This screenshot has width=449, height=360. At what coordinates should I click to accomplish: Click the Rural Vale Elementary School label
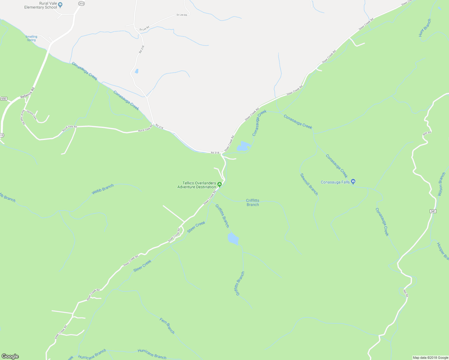point(41,5)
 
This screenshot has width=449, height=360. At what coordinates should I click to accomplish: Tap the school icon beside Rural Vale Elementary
point(60,5)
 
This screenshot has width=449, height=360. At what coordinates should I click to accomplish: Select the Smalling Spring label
point(31,38)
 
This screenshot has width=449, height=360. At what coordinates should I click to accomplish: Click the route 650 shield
point(4,99)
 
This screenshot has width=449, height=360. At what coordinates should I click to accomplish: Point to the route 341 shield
point(433,211)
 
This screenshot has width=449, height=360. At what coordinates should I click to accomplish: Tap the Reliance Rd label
point(28,93)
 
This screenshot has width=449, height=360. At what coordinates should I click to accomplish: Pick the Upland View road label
point(32,115)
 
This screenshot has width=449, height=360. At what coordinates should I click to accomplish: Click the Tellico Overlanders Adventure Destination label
point(197,185)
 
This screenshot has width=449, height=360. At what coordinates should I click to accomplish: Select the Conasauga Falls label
point(335,182)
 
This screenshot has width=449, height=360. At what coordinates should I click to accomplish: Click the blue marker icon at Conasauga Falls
point(353,181)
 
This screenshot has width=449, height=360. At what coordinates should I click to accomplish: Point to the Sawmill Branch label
point(309,184)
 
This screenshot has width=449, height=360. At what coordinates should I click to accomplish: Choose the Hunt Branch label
point(425,28)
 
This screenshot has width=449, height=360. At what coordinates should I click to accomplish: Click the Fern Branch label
point(167,326)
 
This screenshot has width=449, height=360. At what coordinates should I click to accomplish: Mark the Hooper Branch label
point(443,251)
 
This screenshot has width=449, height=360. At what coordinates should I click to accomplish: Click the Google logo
point(10,356)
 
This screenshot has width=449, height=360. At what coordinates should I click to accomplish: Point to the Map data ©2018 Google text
point(430,358)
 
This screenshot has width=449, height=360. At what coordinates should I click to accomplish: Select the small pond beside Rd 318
point(137,71)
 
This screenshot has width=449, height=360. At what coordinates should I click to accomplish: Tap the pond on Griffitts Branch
point(233,238)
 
